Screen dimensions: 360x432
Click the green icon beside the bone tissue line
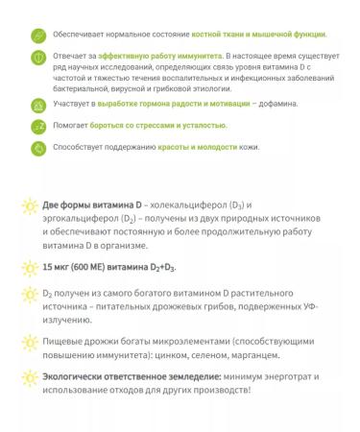(39, 35)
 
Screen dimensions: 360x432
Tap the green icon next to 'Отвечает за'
(39, 60)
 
